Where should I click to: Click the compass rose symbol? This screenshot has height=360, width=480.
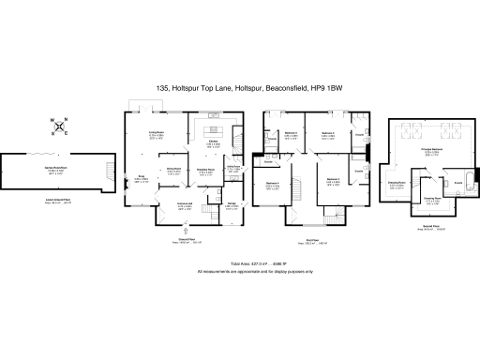pos(58,126)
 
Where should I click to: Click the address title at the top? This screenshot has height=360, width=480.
pos(240,87)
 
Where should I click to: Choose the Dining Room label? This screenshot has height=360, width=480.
pos(173,171)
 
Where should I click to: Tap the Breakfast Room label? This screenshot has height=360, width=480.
pos(207,172)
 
